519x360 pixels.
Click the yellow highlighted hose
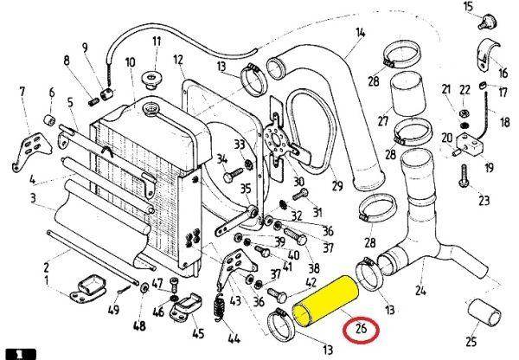(x=327, y=300)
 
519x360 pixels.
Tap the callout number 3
(x=32, y=199)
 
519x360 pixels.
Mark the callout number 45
(x=199, y=331)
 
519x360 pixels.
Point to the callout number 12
(x=179, y=60)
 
